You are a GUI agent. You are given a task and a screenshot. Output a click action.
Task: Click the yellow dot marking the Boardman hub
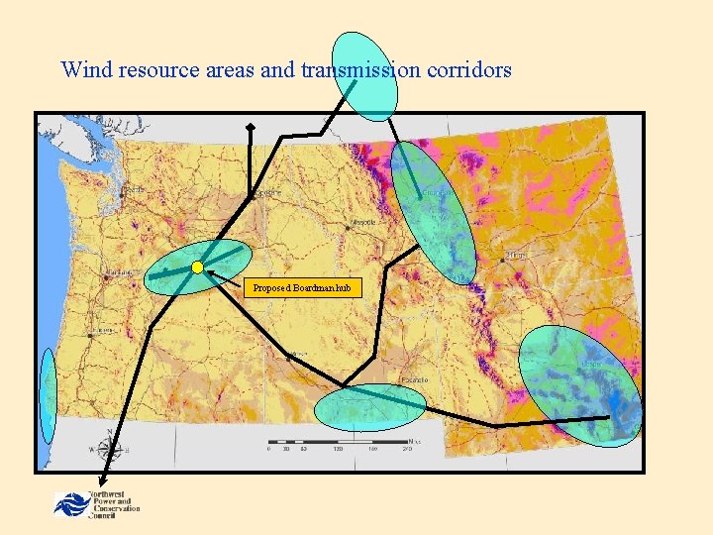point(198,267)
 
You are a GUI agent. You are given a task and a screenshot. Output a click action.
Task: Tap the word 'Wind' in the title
point(83,70)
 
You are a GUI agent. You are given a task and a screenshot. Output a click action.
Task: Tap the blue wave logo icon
point(70,503)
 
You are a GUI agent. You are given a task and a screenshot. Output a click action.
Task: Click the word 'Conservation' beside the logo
point(116,509)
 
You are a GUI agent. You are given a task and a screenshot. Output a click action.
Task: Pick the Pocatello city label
point(414,379)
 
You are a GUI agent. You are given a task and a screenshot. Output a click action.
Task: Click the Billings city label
point(516,257)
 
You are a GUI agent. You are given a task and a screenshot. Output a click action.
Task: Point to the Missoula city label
point(362,221)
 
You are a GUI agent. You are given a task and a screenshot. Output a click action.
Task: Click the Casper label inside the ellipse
point(591,364)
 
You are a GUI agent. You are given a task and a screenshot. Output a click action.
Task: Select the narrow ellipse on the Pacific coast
point(48,396)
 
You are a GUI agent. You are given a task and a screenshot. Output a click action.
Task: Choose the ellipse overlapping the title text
point(364,76)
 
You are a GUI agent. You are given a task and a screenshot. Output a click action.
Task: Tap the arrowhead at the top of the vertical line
point(251,127)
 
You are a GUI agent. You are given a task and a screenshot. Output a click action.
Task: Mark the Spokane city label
point(263,193)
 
